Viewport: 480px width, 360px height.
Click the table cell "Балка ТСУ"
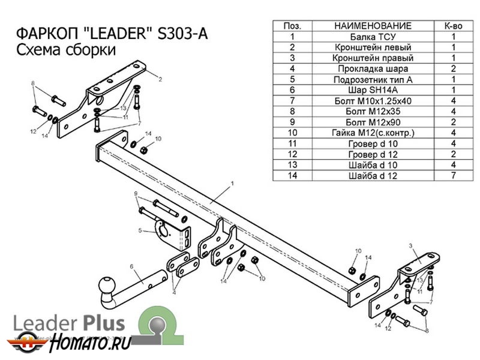pyautogui.click(x=372, y=37)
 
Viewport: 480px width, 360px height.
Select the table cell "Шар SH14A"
pyautogui.click(x=372, y=90)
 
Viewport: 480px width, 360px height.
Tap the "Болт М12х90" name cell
pyautogui.click(x=372, y=122)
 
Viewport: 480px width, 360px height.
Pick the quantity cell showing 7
pyautogui.click(x=453, y=175)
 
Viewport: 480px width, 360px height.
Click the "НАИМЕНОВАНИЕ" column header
pyautogui.click(x=372, y=26)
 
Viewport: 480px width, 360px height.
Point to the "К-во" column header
pyautogui.click(x=453, y=26)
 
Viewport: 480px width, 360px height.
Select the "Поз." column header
pyautogui.click(x=292, y=26)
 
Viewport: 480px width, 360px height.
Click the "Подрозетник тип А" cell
pyautogui.click(x=372, y=79)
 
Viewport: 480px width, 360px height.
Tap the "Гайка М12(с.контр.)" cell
pyautogui.click(x=372, y=133)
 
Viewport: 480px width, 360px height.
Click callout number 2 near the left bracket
pyautogui.click(x=161, y=79)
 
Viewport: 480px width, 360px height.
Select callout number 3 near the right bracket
pyautogui.click(x=410, y=246)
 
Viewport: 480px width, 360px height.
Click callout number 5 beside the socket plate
pyautogui.click(x=139, y=230)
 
